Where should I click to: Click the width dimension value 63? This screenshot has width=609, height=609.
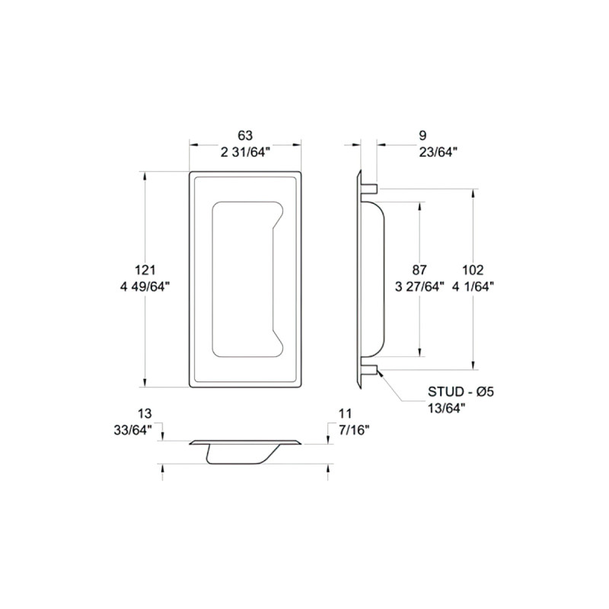(x=244, y=136)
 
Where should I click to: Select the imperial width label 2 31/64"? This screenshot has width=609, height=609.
(x=244, y=152)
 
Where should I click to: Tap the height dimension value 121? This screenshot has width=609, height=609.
(x=145, y=269)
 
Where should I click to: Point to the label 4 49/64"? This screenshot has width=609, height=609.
(x=145, y=287)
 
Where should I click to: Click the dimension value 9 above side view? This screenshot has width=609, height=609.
(x=422, y=136)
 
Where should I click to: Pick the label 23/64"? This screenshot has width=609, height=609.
(x=438, y=152)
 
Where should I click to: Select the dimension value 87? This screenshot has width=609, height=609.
(x=419, y=269)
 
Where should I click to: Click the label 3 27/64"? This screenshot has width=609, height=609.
(x=419, y=287)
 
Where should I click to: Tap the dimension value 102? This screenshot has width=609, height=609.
(x=473, y=269)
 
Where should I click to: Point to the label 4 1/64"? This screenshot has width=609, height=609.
(x=473, y=287)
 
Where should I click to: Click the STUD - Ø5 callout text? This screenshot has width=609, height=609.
(x=461, y=392)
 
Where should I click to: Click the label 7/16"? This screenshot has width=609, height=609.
(x=352, y=430)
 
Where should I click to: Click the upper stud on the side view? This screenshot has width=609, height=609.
(x=368, y=187)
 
